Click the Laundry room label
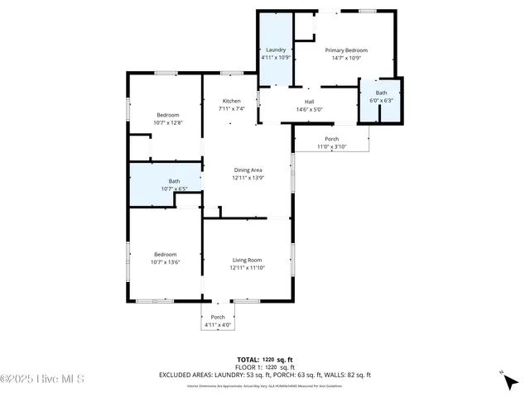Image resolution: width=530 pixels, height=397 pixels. click(x=275, y=50)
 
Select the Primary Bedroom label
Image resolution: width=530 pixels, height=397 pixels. click(x=345, y=50)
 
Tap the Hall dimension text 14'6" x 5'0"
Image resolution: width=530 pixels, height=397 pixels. click(x=309, y=109)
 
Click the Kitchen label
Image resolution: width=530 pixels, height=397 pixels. click(x=231, y=101)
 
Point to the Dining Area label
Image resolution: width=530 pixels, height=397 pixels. click(x=248, y=170)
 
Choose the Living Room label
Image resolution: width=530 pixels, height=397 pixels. click(x=248, y=261)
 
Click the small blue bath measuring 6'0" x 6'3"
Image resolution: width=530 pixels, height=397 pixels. click(x=381, y=97)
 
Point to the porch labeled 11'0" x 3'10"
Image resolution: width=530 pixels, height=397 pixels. click(x=331, y=142)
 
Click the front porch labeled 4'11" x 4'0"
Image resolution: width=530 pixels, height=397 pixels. click(x=218, y=321)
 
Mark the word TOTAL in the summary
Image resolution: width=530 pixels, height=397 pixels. click(x=249, y=360)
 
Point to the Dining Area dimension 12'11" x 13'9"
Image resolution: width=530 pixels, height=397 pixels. click(x=248, y=177)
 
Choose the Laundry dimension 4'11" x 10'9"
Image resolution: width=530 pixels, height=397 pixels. click(x=275, y=58)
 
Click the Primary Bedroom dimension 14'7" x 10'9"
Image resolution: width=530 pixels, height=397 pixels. click(x=345, y=58)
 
